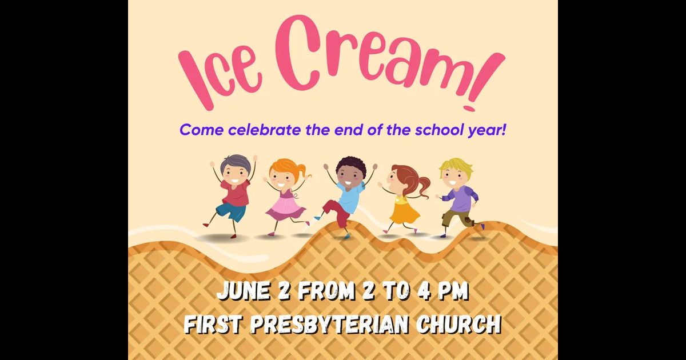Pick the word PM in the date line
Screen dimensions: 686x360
tap(453, 290)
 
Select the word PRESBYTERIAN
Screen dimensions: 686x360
tap(329, 324)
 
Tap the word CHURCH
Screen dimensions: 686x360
tap(458, 324)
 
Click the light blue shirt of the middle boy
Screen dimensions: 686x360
tap(350, 196)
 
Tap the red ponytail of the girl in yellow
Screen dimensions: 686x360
tap(424, 187)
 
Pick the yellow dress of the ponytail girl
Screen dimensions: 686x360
tap(405, 211)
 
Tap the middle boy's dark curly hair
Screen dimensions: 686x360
tap(351, 166)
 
